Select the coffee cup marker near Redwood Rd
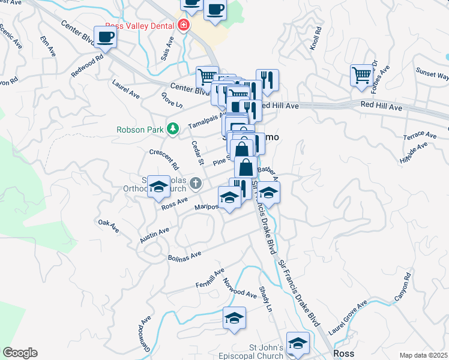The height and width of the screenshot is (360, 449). click(105, 37)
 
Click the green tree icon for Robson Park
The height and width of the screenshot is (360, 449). click(173, 128)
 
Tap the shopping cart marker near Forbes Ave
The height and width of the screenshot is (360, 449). click(363, 76)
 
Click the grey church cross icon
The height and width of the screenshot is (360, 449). click(194, 182)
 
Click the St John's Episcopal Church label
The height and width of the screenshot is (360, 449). click(274, 352)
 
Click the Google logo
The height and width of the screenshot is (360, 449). click(20, 353)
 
